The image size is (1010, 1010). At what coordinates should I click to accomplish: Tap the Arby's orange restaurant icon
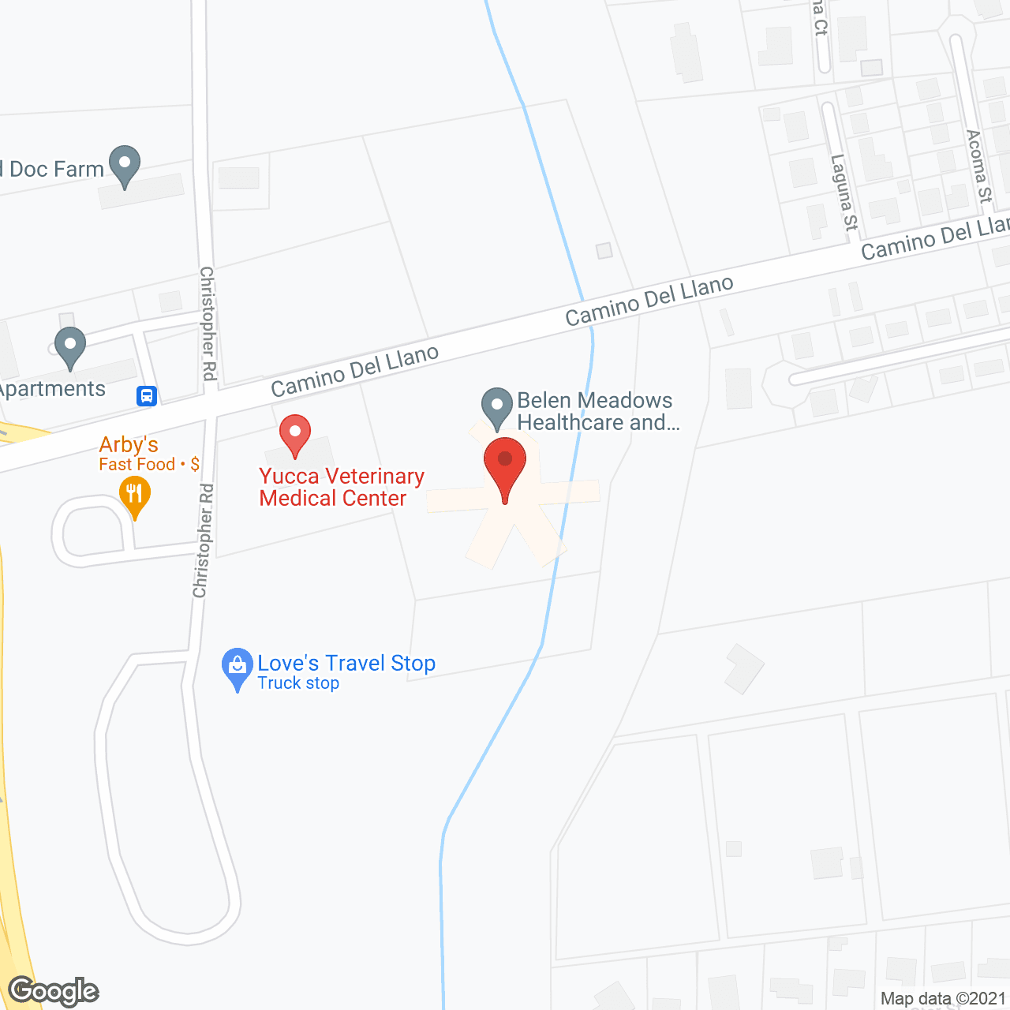pyautogui.click(x=135, y=496)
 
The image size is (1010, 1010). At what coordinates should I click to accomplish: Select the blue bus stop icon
pyautogui.click(x=147, y=395)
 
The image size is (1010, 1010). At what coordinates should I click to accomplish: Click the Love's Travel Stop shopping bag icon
pyautogui.click(x=237, y=667)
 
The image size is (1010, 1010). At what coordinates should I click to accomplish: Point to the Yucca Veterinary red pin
pyautogui.click(x=295, y=433)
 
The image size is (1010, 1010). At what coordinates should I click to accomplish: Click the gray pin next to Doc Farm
pyautogui.click(x=124, y=165)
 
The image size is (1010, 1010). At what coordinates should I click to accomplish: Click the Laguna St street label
pyautogui.click(x=844, y=193)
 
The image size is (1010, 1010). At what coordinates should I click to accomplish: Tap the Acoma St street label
pyautogui.click(x=978, y=166)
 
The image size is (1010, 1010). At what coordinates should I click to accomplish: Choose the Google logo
pyautogui.click(x=54, y=991)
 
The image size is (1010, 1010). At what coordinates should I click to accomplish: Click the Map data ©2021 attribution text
pyautogui.click(x=943, y=999)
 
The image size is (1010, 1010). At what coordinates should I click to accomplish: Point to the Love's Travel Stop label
pyautogui.click(x=346, y=663)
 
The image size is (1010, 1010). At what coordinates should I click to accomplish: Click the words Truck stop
pyautogui.click(x=298, y=683)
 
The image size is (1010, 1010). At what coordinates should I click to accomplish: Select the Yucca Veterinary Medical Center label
pyautogui.click(x=342, y=487)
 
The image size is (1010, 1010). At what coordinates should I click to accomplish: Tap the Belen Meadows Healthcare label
pyautogui.click(x=597, y=411)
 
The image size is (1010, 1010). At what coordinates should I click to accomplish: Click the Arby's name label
pyautogui.click(x=129, y=445)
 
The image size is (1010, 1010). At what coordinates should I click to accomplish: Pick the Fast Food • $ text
pyautogui.click(x=149, y=464)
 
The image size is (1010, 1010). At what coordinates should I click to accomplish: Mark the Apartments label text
pyautogui.click(x=52, y=389)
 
